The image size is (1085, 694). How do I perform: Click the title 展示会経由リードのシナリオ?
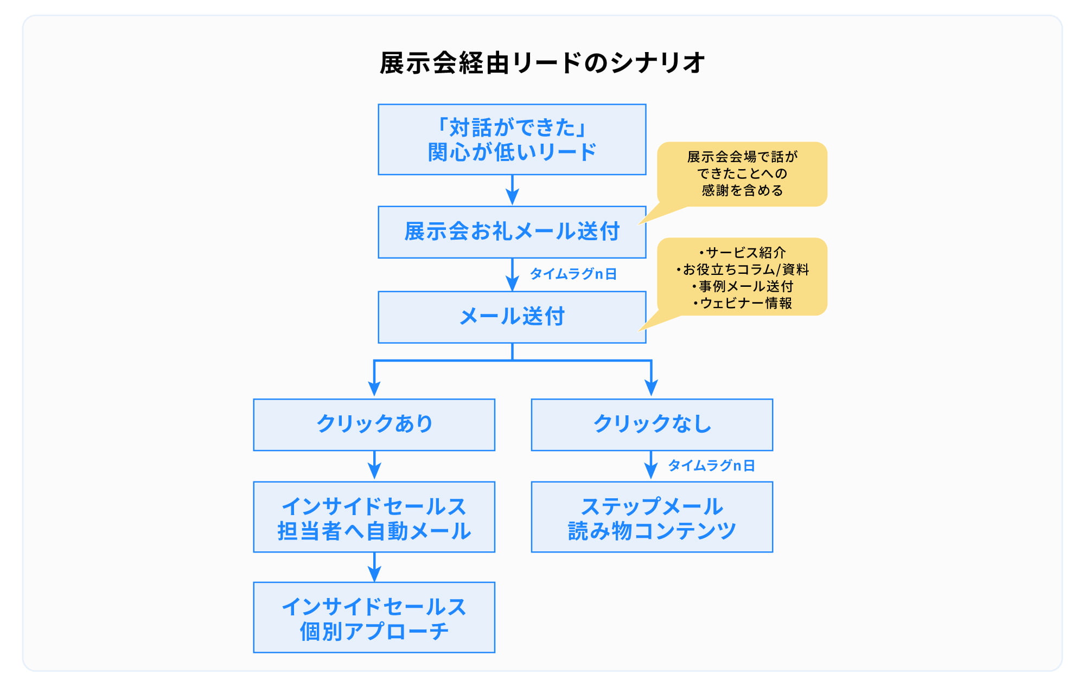tap(542, 63)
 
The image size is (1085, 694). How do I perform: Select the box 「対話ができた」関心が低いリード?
tap(512, 140)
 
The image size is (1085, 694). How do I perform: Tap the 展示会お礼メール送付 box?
tap(512, 232)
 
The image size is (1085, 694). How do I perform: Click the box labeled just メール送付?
tap(512, 317)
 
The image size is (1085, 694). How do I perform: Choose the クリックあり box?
tap(374, 425)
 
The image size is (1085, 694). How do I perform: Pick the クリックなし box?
tap(652, 425)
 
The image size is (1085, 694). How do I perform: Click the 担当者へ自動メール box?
tap(374, 517)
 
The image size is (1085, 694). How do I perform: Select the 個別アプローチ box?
tap(374, 618)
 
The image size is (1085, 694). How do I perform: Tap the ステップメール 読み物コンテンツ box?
tap(652, 517)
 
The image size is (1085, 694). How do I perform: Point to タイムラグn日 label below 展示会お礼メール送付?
tap(573, 274)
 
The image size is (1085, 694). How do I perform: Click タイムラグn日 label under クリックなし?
tap(711, 466)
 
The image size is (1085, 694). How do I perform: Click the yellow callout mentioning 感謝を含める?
tap(742, 174)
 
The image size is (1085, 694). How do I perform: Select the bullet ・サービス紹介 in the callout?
tap(742, 253)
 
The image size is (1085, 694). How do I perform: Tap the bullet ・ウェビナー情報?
tap(742, 303)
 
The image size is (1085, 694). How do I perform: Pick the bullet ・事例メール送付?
tap(742, 286)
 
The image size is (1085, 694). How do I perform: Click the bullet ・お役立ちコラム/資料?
tap(742, 269)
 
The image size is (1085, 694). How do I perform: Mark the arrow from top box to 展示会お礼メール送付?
tap(512, 190)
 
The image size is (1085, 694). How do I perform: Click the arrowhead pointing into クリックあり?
tap(374, 388)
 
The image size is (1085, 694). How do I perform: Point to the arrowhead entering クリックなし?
tap(651, 388)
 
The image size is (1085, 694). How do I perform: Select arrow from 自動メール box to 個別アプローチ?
tap(374, 567)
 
